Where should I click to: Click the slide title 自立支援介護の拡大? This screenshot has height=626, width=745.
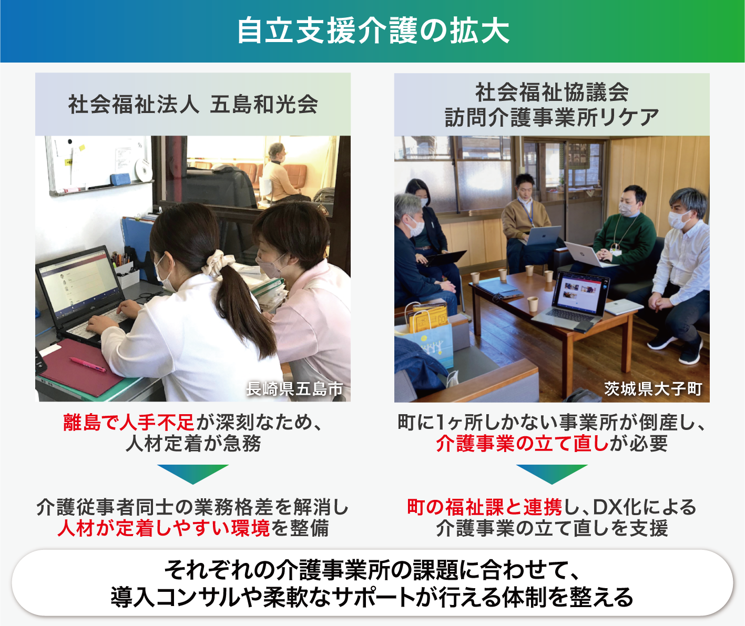(373, 32)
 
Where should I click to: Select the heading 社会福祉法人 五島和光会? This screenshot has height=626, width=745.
(193, 105)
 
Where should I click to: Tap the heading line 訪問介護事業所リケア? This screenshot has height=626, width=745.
(552, 117)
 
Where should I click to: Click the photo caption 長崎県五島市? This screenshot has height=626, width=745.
(294, 389)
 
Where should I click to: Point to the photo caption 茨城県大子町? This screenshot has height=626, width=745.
(654, 389)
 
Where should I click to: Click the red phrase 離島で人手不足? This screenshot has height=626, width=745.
(128, 423)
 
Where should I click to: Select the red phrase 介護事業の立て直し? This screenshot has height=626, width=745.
(522, 444)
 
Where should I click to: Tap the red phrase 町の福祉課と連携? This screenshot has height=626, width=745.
(485, 507)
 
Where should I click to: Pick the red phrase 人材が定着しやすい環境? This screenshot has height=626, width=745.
(164, 528)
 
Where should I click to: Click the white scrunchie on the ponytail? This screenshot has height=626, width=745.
(214, 263)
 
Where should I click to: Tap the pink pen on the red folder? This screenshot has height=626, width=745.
(88, 364)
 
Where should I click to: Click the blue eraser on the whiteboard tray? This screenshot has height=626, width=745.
(120, 179)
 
